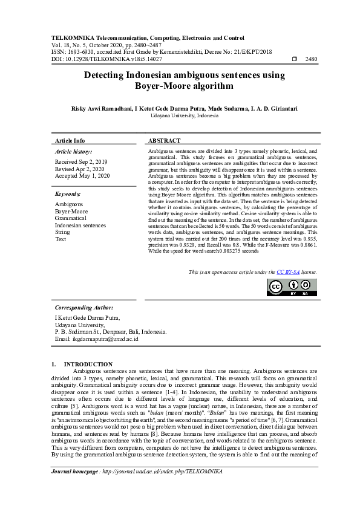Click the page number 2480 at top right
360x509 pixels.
[312, 59]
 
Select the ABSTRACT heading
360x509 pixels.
[164, 140]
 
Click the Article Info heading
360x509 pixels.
[70, 140]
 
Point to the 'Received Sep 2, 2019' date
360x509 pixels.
[81, 162]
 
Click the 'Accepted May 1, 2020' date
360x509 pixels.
[82, 176]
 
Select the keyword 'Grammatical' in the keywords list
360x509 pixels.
[70, 218]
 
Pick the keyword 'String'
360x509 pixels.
[62, 232]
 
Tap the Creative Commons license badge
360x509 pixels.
[292, 287]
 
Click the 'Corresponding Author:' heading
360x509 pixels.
[83, 308]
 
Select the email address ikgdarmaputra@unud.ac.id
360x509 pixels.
[96, 339]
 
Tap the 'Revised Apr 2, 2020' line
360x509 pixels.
[79, 169]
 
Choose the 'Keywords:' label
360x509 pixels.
[68, 194]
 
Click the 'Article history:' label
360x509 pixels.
[73, 151]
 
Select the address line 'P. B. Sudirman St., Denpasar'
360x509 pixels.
[110, 332]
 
